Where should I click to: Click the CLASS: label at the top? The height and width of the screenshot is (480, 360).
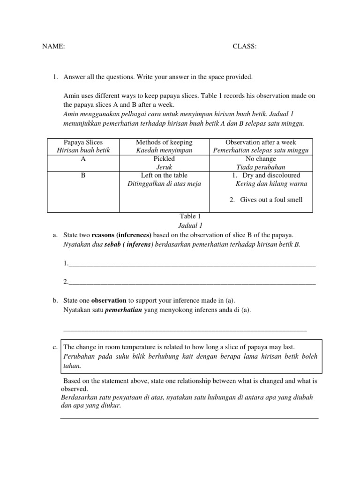point(245,46)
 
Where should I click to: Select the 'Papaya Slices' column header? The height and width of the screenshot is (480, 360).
point(83,142)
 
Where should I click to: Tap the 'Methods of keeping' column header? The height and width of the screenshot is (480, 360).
point(164,142)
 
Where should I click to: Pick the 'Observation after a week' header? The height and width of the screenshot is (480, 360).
point(261,142)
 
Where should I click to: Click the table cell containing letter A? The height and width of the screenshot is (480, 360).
point(83,159)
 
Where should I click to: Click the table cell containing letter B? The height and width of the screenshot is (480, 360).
point(83,176)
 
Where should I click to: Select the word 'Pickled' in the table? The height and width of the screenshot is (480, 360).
point(164,159)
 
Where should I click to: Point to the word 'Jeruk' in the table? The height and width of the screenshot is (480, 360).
point(164,167)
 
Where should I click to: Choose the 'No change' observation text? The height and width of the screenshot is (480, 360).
point(261,159)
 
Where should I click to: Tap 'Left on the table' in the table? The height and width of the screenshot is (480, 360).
point(164,176)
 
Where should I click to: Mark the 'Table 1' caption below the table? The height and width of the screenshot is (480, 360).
point(190,217)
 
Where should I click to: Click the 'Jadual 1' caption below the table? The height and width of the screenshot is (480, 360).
point(189,225)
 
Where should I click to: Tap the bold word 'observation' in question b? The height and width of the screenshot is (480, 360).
point(109,300)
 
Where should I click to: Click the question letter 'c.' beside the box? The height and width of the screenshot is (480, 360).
point(55,347)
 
